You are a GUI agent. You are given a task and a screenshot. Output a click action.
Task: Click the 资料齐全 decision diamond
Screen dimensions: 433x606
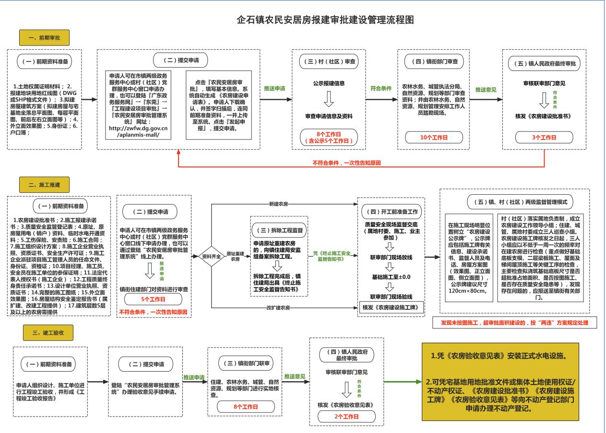(213, 256)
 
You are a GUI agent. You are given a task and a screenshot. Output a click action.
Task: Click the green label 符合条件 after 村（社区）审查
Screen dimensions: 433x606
(381, 88)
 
